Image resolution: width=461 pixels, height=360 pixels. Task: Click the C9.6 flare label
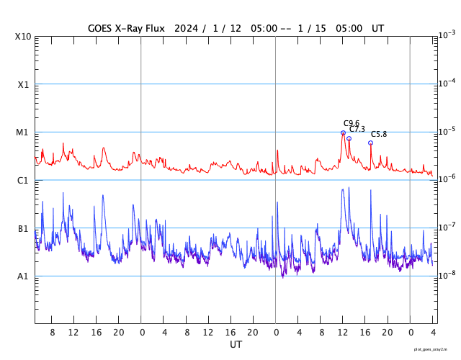pos(351,123)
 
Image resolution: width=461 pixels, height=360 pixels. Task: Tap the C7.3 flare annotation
pos(357,129)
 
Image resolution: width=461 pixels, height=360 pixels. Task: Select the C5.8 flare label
pos(379,134)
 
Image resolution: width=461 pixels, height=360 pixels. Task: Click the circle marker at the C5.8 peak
pos(371,143)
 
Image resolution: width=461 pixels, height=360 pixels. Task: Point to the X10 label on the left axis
pos(22,36)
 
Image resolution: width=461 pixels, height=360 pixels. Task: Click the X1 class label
pos(22,84)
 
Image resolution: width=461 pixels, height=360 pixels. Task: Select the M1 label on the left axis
pos(22,132)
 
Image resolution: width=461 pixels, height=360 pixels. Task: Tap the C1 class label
pos(22,180)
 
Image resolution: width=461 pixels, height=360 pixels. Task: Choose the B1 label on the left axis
pos(22,228)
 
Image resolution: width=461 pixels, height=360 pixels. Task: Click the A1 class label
pos(22,276)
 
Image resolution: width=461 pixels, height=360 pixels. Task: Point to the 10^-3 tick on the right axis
pos(447,35)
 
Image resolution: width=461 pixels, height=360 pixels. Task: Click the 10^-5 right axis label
pos(447,131)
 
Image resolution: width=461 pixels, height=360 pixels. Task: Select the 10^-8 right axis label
pos(447,275)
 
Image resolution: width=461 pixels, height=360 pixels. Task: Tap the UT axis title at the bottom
pos(236,345)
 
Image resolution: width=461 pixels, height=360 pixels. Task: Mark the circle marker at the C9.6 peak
pos(343,132)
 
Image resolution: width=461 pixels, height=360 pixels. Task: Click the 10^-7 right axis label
pos(447,227)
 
